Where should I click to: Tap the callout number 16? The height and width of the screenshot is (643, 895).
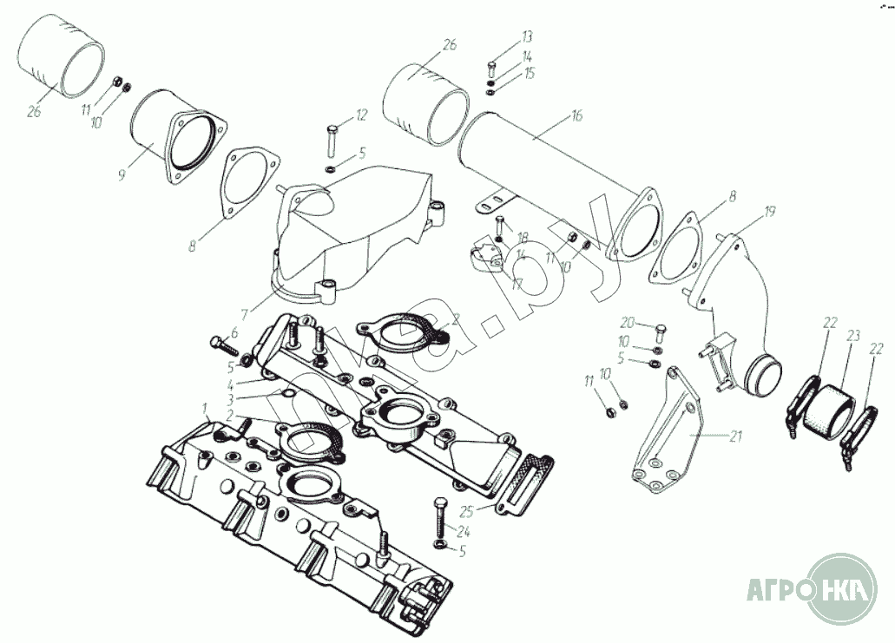pos(576,115)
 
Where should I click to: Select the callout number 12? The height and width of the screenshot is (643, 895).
pos(361,115)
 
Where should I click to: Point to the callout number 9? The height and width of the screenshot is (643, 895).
pos(122,174)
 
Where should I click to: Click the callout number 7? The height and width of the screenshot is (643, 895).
pos(246,313)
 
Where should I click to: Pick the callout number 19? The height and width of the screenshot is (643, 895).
pos(769,211)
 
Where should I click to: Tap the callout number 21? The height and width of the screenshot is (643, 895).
pos(736,437)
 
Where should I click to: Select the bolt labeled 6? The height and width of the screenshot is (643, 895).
pos(224,344)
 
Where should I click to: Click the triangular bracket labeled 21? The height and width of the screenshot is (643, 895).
pos(668,434)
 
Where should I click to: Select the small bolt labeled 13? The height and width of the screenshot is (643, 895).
pos(493,67)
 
